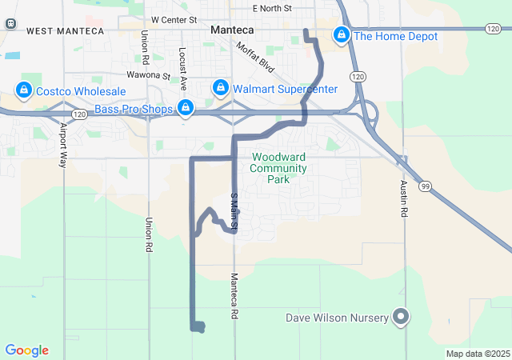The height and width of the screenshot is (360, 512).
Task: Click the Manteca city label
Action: point(231,30)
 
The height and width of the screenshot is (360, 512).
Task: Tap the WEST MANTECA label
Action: point(65,30)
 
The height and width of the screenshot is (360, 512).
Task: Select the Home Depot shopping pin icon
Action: point(342,35)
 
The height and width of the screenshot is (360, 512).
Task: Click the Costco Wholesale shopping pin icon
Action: point(23,90)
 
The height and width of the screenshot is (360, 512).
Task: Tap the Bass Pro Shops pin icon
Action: point(186,107)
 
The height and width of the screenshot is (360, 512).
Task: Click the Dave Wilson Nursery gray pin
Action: point(401,318)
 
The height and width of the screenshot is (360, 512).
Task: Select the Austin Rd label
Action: point(404,198)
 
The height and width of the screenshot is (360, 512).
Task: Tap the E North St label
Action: point(271,9)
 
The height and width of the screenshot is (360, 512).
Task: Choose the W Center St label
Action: point(174,18)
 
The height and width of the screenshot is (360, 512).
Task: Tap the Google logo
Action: point(26,350)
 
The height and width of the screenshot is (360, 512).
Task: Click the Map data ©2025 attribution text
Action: point(478,354)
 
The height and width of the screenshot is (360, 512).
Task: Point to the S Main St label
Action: point(234,212)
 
